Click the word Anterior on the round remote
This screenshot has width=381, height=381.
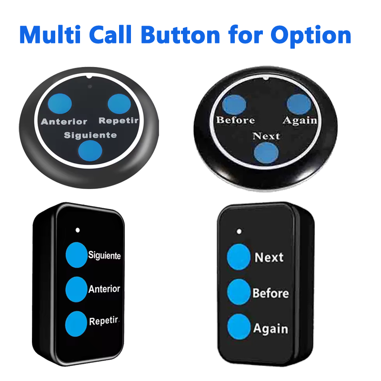(64, 121)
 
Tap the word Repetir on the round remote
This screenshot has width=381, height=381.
(119, 120)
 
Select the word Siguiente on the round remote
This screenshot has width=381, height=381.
(90, 135)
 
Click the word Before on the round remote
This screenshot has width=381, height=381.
(235, 120)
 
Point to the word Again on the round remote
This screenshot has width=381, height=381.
(300, 120)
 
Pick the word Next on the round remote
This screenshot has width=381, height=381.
(266, 136)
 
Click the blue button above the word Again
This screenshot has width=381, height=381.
(299, 104)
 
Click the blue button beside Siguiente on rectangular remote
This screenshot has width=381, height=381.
(77, 254)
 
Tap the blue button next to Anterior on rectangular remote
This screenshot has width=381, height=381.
(77, 289)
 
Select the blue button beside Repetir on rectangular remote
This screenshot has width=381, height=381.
(77, 323)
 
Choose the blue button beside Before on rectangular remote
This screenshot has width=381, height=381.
(239, 292)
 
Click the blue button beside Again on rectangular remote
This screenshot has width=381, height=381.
(239, 327)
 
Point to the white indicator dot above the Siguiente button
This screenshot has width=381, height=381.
(78, 230)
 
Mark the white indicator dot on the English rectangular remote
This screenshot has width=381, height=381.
(239, 231)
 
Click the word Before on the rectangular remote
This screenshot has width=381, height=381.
(271, 293)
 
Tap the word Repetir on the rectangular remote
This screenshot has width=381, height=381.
(103, 321)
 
